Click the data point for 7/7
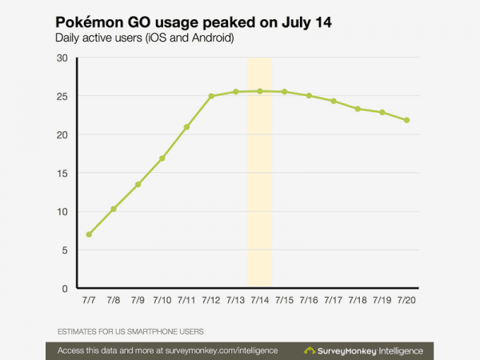click(89, 234)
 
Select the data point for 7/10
click(162, 158)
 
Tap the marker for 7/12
click(211, 96)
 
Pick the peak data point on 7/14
click(260, 91)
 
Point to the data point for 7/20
click(407, 121)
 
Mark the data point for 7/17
click(334, 102)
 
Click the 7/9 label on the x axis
click(138, 300)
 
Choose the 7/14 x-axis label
click(260, 300)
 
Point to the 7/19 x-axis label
click(382, 300)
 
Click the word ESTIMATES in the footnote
click(80, 331)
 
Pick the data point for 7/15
click(285, 92)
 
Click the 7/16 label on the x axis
click(309, 300)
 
